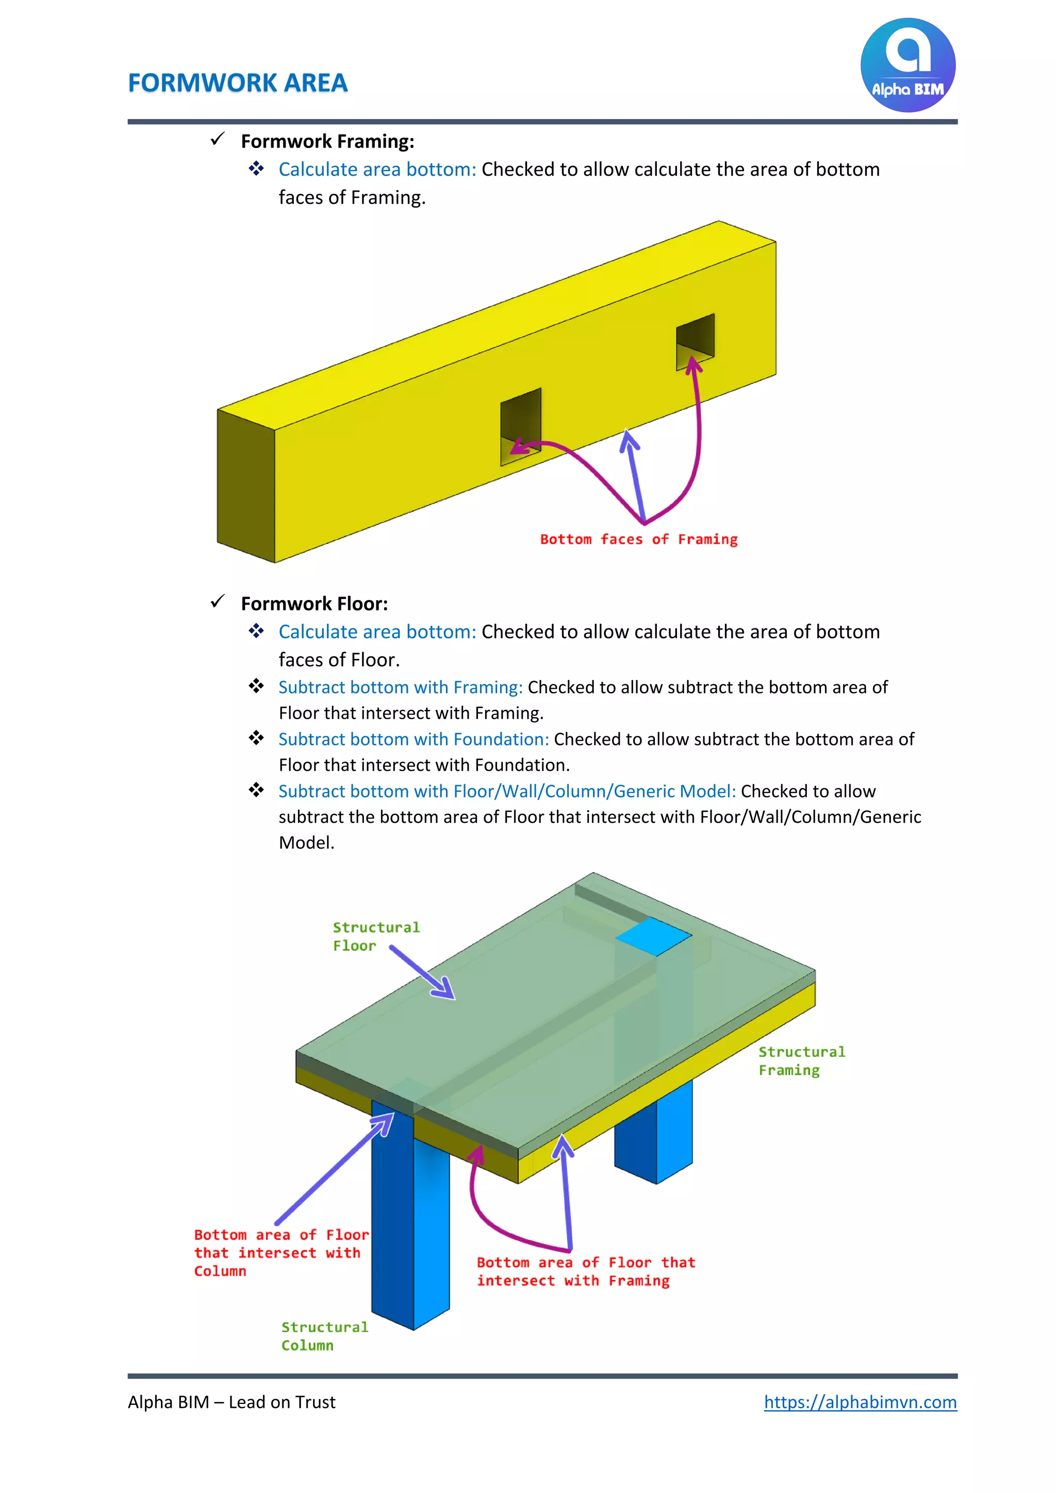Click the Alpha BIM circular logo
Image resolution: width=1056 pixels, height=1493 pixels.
tap(907, 65)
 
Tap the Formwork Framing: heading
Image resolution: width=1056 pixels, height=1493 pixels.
tap(327, 141)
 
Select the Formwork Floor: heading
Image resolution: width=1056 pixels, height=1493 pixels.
tap(314, 604)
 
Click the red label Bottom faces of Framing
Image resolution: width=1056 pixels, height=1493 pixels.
tap(638, 539)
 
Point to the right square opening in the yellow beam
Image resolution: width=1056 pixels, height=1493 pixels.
tap(695, 341)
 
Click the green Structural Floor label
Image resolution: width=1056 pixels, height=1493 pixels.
tap(375, 936)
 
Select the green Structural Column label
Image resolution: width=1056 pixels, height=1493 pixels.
tap(324, 1336)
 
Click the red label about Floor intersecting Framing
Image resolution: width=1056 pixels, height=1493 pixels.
tap(585, 1271)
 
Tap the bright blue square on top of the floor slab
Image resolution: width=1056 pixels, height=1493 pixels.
tap(653, 936)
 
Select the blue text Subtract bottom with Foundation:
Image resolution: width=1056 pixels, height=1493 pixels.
tap(414, 739)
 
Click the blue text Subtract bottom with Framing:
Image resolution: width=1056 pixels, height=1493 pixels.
tap(400, 687)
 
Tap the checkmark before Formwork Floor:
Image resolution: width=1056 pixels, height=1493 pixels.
tap(217, 602)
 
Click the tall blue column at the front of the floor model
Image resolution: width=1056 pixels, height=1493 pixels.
tap(409, 1236)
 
